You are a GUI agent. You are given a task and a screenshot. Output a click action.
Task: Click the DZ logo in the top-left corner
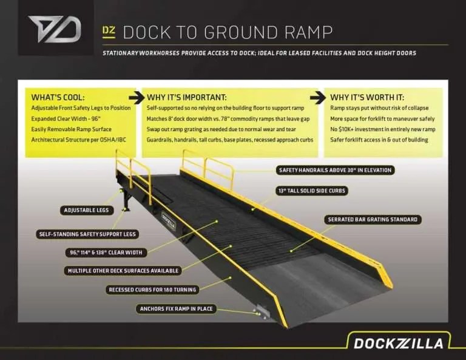[54, 29]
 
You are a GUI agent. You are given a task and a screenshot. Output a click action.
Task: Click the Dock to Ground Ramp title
[228, 32]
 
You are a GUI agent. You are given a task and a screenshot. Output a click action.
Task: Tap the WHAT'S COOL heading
[58, 97]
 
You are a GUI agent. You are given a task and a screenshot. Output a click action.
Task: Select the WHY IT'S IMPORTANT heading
[187, 97]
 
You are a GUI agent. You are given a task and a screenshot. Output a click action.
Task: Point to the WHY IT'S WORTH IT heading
[366, 97]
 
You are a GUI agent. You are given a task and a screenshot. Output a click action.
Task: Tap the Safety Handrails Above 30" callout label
[335, 170]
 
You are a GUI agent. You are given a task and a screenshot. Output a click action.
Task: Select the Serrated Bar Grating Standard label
[373, 219]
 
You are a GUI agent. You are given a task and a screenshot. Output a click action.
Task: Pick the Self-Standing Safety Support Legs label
[87, 234]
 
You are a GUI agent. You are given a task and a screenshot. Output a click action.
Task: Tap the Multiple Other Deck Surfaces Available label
[122, 271]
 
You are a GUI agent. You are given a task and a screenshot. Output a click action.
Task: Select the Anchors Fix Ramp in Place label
[176, 309]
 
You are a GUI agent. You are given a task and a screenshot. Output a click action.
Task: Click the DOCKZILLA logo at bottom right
[398, 343]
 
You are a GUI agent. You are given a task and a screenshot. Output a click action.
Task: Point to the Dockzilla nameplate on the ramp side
[168, 221]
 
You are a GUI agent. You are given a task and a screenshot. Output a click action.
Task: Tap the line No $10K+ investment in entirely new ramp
[382, 129]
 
